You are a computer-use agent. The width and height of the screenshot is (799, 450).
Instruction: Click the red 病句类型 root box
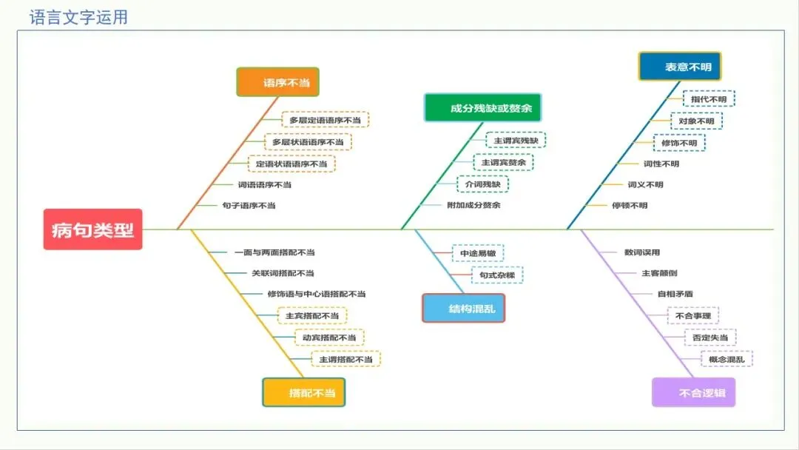[x=92, y=229]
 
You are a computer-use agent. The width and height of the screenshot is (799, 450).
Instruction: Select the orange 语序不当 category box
[x=278, y=82]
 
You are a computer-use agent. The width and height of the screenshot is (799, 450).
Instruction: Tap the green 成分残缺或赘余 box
[x=482, y=108]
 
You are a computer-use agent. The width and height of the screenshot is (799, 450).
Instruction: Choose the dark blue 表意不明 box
[x=680, y=67]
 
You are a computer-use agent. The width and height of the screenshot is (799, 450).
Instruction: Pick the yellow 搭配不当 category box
[x=304, y=392]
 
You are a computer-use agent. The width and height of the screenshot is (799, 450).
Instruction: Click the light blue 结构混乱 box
[x=464, y=308]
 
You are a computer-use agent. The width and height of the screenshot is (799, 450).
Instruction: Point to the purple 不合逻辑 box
[x=694, y=392]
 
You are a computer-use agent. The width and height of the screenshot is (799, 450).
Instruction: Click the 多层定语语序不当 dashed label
[x=326, y=120]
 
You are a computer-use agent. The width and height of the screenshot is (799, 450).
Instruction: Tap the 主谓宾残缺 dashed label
[x=516, y=140]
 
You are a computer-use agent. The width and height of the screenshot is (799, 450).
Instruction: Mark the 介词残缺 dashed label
[x=482, y=184]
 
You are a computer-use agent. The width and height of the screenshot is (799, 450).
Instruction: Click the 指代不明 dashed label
[x=709, y=99]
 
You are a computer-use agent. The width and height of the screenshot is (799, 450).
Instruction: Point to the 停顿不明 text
[x=630, y=205]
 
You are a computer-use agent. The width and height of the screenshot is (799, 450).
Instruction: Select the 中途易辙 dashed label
[x=478, y=253]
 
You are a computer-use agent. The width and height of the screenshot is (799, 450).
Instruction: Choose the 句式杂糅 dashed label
[x=497, y=275]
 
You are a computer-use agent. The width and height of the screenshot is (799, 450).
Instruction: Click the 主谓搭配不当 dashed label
[x=345, y=360]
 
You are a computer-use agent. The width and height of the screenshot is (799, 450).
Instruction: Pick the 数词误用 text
[x=642, y=252]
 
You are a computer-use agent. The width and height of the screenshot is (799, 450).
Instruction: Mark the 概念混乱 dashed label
[x=726, y=360]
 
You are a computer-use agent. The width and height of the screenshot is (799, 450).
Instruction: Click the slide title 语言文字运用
[x=78, y=17]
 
